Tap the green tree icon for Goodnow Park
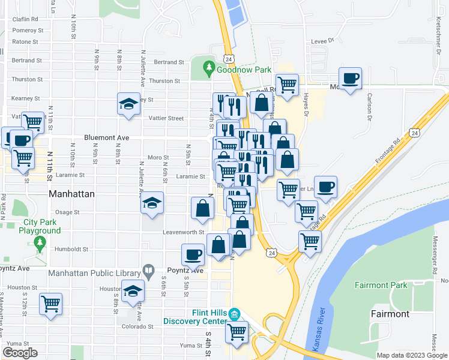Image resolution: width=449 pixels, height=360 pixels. pos(209,68)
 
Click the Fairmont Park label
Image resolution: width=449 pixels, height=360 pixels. pos(381,285)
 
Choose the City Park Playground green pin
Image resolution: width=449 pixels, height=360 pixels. pos(40,243)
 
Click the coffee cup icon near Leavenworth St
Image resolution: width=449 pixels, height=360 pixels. pos(193,254)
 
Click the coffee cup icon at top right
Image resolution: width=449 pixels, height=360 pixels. pos(350,78)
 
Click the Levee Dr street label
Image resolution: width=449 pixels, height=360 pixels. pos(322,41)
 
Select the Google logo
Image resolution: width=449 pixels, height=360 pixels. pos(20,353)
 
